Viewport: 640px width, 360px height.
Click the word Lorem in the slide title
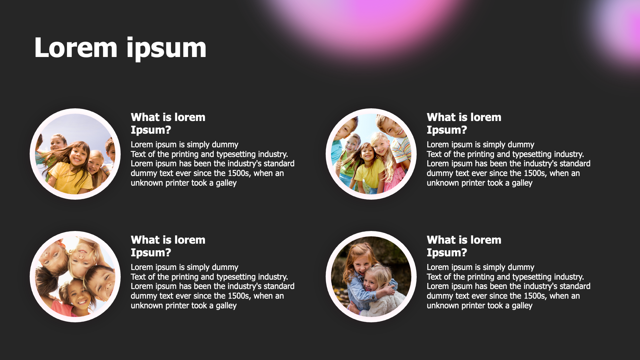[x=76, y=48]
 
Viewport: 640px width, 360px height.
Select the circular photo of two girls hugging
[x=371, y=277]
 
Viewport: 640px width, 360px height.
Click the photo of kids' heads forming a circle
[x=75, y=277]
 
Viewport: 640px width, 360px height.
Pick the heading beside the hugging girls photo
[x=464, y=246]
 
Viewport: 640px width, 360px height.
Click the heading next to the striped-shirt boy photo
[x=464, y=123]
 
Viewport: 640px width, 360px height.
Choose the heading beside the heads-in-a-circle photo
[x=168, y=246]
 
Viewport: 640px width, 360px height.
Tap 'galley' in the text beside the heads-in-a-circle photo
[x=226, y=306]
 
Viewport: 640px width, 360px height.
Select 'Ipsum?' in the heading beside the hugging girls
[x=447, y=253]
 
